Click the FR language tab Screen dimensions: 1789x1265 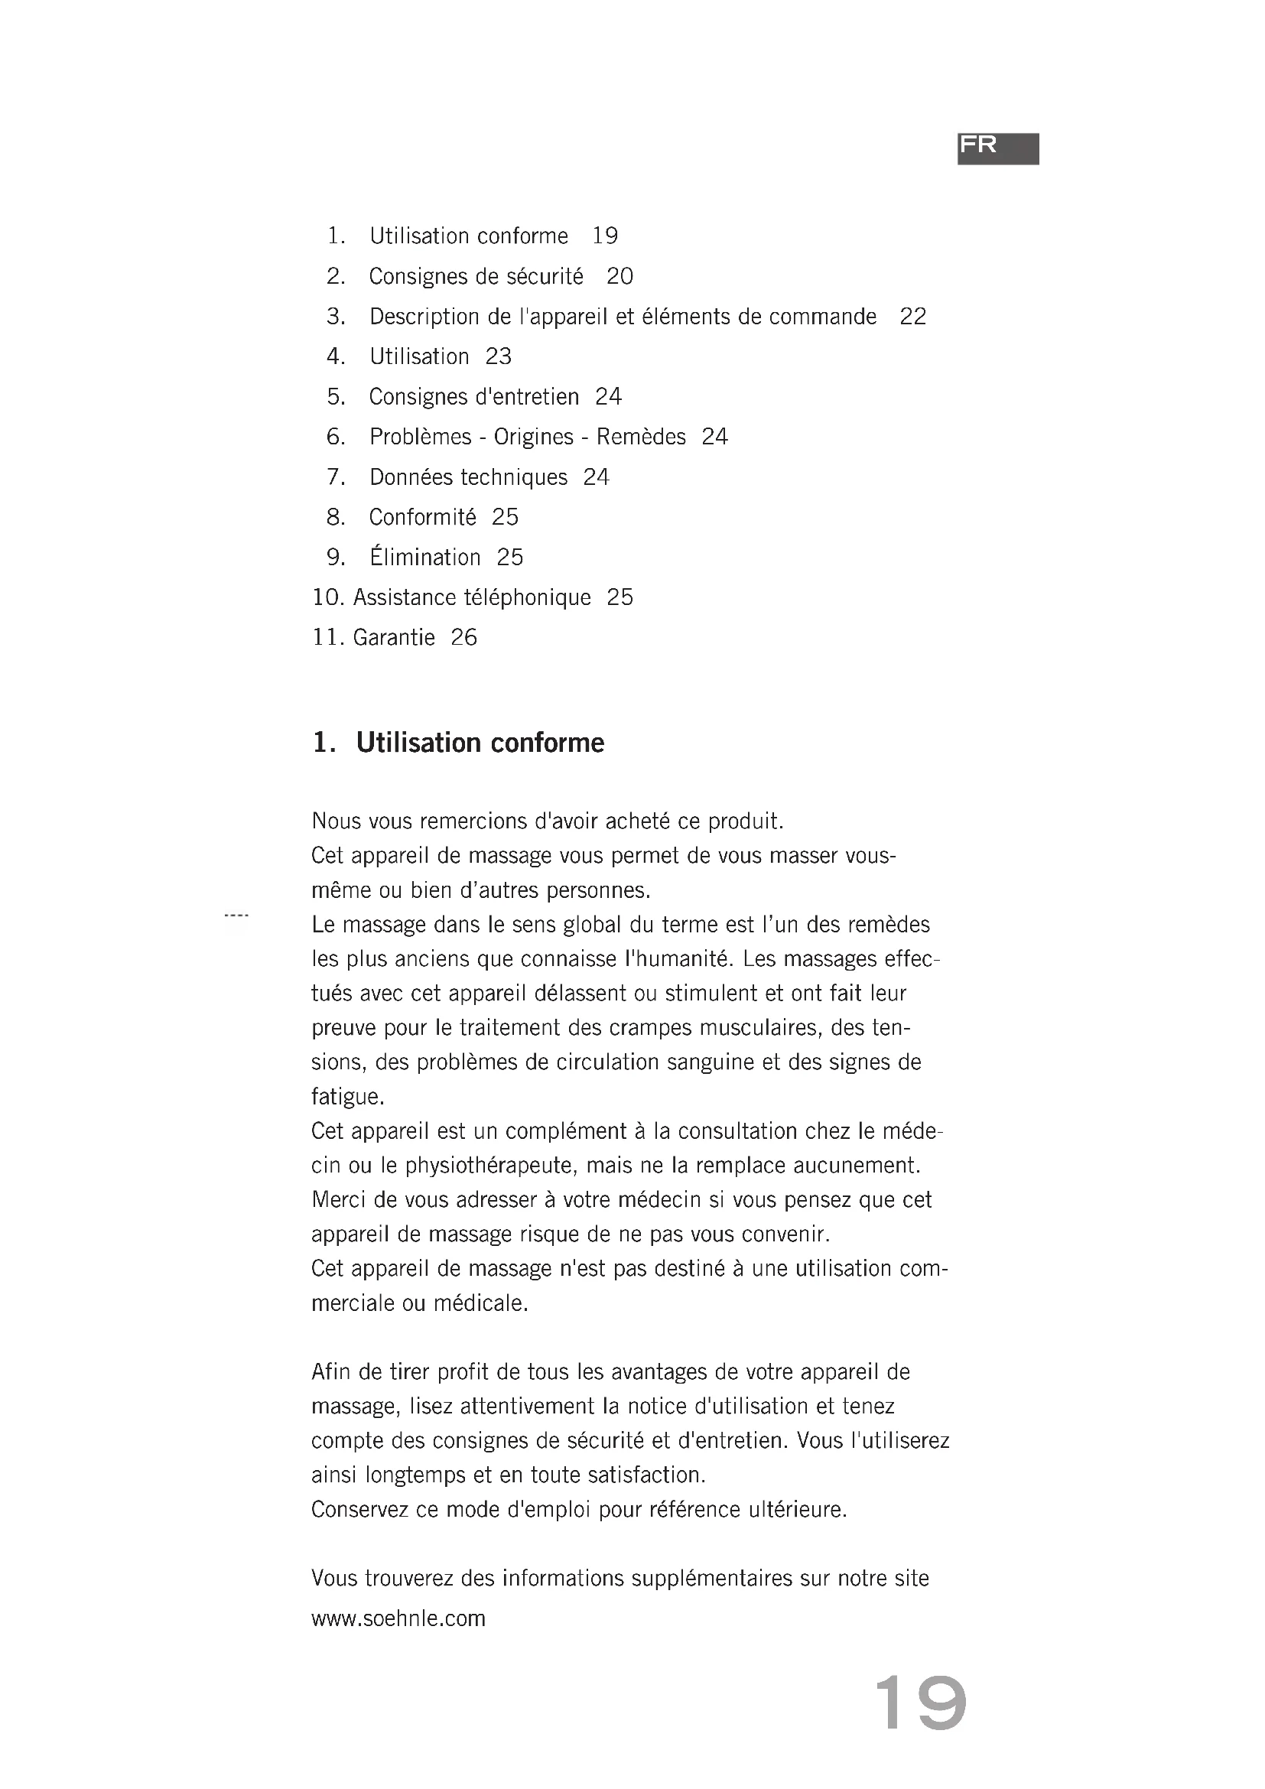tap(998, 148)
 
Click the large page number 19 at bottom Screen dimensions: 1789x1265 tap(920, 1703)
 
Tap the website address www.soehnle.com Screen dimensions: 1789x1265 tap(398, 1618)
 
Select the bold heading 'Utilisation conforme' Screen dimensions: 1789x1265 tap(480, 743)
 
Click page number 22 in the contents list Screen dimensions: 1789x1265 tap(913, 317)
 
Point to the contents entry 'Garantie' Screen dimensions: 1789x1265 tap(394, 637)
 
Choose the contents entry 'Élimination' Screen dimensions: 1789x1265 tap(424, 557)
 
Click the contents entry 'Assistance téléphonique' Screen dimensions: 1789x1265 tap(472, 597)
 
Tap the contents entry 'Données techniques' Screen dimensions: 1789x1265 tap(468, 477)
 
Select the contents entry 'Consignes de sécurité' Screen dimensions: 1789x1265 tap(476, 277)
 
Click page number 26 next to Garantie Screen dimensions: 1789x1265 tap(463, 637)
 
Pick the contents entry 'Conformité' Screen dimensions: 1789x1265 tap(422, 517)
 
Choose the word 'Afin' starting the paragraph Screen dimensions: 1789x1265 tap(331, 1372)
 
